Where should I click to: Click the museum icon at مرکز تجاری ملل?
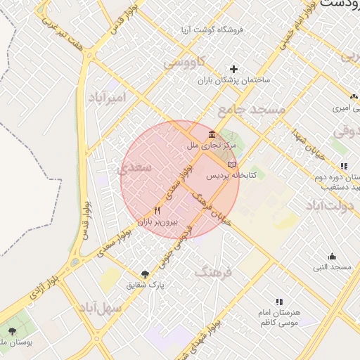[212, 135]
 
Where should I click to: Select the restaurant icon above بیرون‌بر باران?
[157, 210]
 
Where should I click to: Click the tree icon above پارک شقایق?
[145, 274]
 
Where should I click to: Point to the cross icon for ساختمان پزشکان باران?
[234, 69]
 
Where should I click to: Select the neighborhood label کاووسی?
[185, 62]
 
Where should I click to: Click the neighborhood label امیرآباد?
[108, 97]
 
